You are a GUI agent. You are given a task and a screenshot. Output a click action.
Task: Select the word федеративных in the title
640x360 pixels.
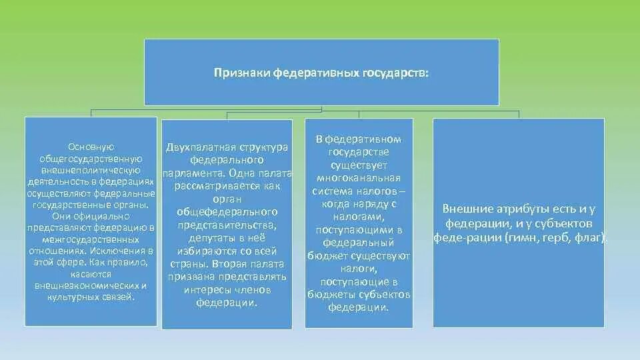click(314, 73)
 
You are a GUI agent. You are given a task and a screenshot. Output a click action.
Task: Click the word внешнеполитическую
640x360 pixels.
click(91, 170)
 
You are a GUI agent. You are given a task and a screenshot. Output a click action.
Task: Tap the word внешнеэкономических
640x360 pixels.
click(91, 285)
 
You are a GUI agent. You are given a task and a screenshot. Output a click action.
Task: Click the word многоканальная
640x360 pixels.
click(359, 178)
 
